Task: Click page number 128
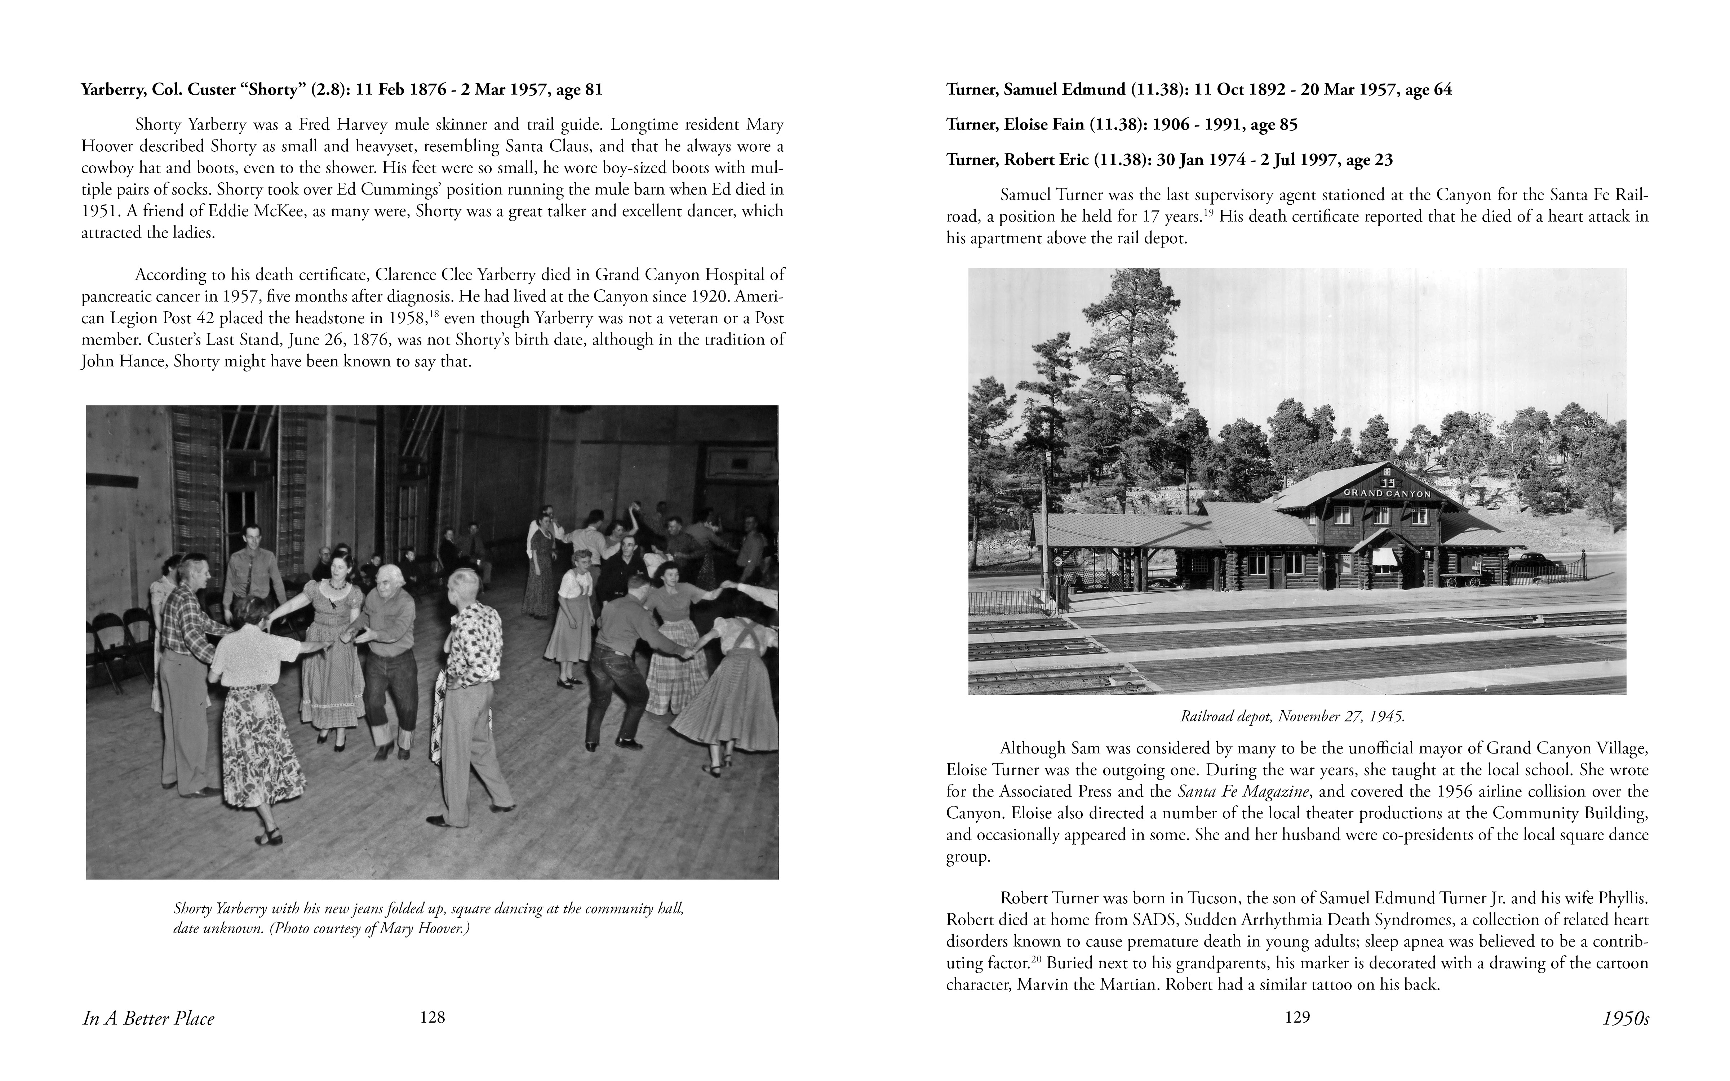(x=432, y=1017)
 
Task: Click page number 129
(x=1297, y=1017)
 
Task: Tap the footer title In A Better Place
(x=149, y=1019)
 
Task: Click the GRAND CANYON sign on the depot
(x=1387, y=493)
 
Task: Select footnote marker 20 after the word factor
(x=1038, y=958)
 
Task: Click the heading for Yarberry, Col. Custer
(x=341, y=90)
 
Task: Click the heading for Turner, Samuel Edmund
(x=1199, y=90)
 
